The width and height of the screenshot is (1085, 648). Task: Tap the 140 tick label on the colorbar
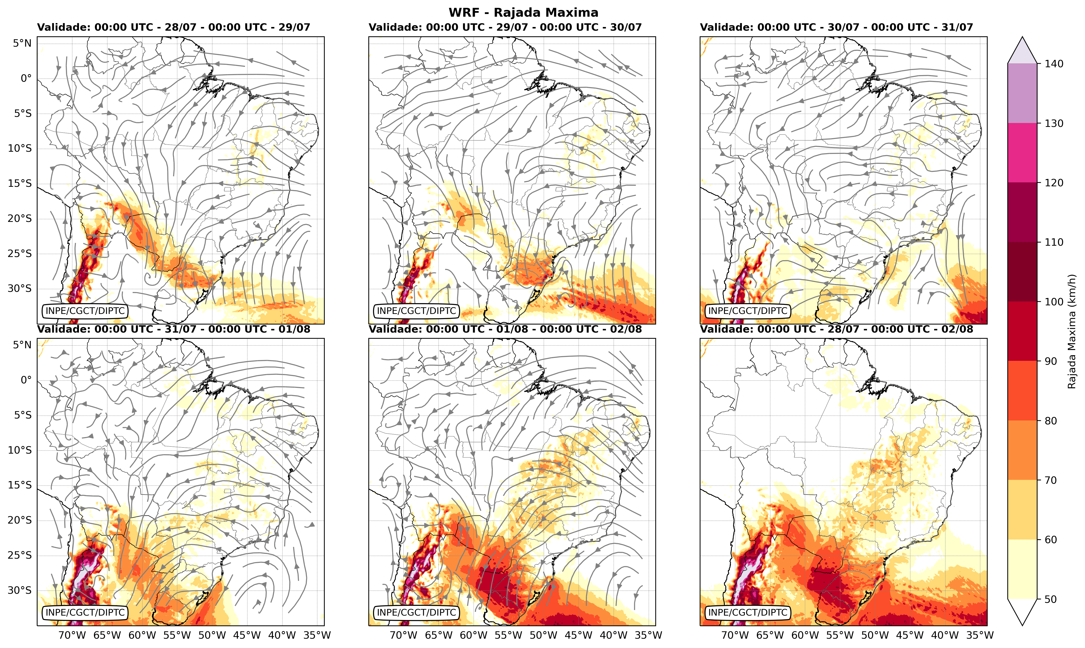1054,64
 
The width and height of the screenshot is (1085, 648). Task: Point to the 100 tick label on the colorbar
1054,302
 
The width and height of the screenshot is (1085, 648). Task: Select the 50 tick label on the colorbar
1051,599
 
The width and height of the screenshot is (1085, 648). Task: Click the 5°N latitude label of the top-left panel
22,43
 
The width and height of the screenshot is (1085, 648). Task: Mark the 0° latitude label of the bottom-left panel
26,380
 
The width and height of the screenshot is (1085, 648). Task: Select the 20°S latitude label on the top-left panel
20,218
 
